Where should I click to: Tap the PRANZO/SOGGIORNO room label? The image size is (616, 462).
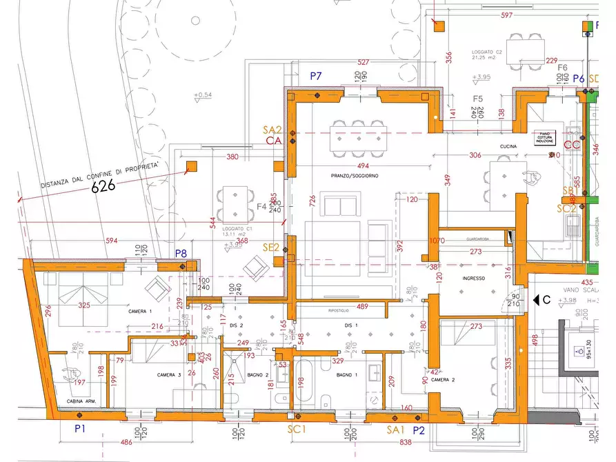tap(355, 176)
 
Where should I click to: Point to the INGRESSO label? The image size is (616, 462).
tap(474, 278)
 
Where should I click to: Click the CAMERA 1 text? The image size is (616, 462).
tap(139, 312)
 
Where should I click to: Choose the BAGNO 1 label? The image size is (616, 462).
tap(346, 374)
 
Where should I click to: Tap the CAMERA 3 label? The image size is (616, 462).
tap(169, 374)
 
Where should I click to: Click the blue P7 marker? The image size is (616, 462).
tap(316, 76)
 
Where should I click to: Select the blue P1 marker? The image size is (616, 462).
tap(79, 429)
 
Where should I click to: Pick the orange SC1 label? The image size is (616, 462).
tap(297, 429)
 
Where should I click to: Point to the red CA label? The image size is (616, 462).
tap(274, 141)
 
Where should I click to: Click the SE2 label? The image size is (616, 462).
tap(270, 247)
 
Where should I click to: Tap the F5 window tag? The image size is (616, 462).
tap(477, 99)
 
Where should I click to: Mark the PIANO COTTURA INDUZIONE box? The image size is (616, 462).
tap(549, 137)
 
